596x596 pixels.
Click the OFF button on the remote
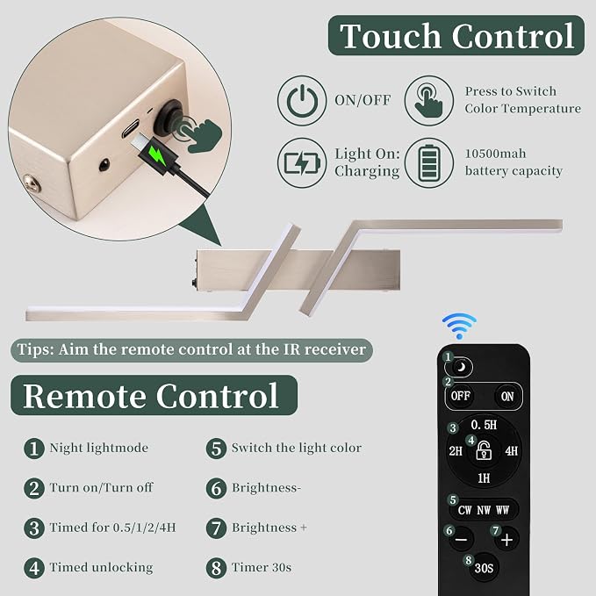460,397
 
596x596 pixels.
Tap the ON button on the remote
507,397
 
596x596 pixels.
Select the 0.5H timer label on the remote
484,425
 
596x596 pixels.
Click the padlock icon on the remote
484,450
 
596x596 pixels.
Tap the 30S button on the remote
484,568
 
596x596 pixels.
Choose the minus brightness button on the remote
461,539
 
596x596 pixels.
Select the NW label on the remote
484,510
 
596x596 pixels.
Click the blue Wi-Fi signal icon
459,326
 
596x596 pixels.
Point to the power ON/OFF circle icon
302,101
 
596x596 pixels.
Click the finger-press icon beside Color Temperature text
428,101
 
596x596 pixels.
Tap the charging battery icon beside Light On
302,163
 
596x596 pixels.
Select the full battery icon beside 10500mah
428,163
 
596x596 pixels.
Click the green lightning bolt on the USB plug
157,154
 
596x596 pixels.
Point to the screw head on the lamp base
32,183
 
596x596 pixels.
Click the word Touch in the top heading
391,36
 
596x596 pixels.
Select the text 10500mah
495,154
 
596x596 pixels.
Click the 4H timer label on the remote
511,451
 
